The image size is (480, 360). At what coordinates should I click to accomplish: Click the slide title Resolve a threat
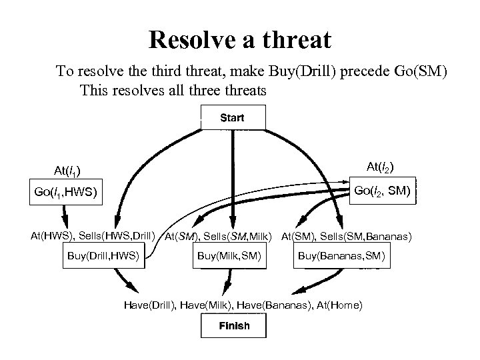pyautogui.click(x=239, y=41)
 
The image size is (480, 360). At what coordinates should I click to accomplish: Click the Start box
pyautogui.click(x=233, y=118)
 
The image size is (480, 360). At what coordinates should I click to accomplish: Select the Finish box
pyautogui.click(x=234, y=326)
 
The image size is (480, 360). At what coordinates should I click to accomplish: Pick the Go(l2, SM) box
pyautogui.click(x=383, y=191)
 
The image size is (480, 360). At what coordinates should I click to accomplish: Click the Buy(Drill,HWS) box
pyautogui.click(x=103, y=256)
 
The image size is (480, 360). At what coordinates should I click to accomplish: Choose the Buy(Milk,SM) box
pyautogui.click(x=229, y=256)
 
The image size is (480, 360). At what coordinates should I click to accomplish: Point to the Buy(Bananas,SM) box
pyautogui.click(x=341, y=256)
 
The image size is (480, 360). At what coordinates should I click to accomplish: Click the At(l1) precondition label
pyautogui.click(x=67, y=171)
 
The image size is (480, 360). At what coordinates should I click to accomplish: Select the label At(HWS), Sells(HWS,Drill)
pyautogui.click(x=93, y=235)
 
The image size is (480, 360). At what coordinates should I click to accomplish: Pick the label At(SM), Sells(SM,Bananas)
pyautogui.click(x=347, y=236)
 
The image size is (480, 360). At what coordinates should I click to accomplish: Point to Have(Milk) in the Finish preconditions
pyautogui.click(x=209, y=305)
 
